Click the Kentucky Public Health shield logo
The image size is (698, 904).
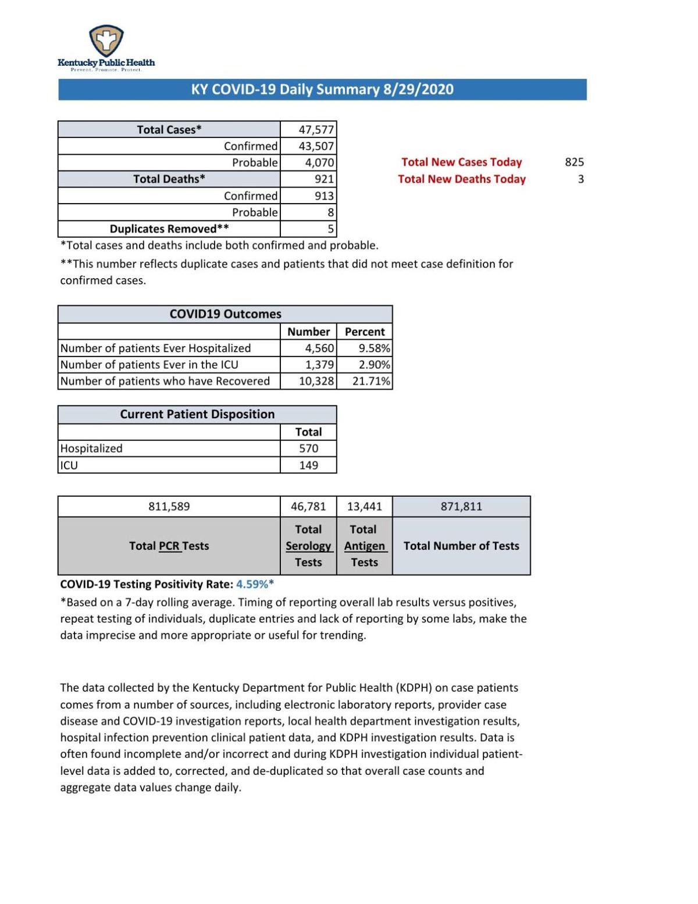pyautogui.click(x=106, y=41)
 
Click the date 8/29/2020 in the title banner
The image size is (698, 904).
pyautogui.click(x=418, y=90)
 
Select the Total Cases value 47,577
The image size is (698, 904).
pyautogui.click(x=316, y=130)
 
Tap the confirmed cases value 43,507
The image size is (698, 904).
pyautogui.click(x=316, y=146)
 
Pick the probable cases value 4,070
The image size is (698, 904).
pyautogui.click(x=319, y=162)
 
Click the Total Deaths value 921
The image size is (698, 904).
pyautogui.click(x=324, y=179)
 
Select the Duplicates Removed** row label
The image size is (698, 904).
pyautogui.click(x=169, y=229)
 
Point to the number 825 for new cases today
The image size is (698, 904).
pyautogui.click(x=574, y=162)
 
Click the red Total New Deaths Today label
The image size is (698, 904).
pyautogui.click(x=461, y=179)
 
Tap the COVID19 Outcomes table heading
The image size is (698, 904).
pyautogui.click(x=225, y=314)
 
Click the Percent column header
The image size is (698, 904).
pyautogui.click(x=365, y=332)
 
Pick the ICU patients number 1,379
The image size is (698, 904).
pyautogui.click(x=319, y=365)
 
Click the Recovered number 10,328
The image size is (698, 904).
pyautogui.click(x=316, y=381)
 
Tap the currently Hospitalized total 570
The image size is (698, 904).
pyautogui.click(x=308, y=449)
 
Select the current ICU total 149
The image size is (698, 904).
pyautogui.click(x=308, y=465)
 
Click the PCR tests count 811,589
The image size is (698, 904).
pyautogui.click(x=169, y=507)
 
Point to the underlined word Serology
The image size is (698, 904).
pyautogui.click(x=308, y=546)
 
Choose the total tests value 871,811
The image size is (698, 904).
pyautogui.click(x=461, y=507)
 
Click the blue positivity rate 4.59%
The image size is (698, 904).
pyautogui.click(x=252, y=584)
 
